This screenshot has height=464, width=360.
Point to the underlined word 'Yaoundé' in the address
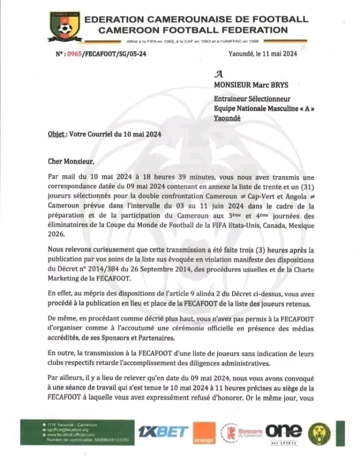point(227,118)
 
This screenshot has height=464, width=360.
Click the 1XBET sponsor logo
point(163,431)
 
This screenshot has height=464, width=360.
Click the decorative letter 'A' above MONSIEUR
point(218,73)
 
